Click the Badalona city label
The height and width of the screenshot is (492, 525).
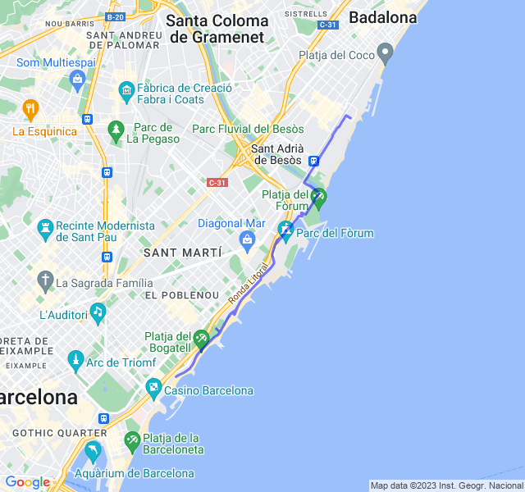382,17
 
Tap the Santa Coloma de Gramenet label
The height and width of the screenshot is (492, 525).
217,28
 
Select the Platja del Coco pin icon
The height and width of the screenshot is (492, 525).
386,55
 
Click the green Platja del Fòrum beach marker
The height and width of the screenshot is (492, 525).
318,196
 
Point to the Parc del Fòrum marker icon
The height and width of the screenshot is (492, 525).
285,228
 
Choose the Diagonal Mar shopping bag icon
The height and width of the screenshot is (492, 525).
246,239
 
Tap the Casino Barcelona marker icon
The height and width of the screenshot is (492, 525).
153,385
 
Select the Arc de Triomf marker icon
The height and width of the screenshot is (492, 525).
76,358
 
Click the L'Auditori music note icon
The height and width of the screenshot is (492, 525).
98,311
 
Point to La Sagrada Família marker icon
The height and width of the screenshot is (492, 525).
45,283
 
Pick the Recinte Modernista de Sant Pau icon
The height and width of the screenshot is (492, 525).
44,225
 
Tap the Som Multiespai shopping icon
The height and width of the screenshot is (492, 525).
79,79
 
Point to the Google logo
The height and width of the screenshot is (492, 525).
27,482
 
